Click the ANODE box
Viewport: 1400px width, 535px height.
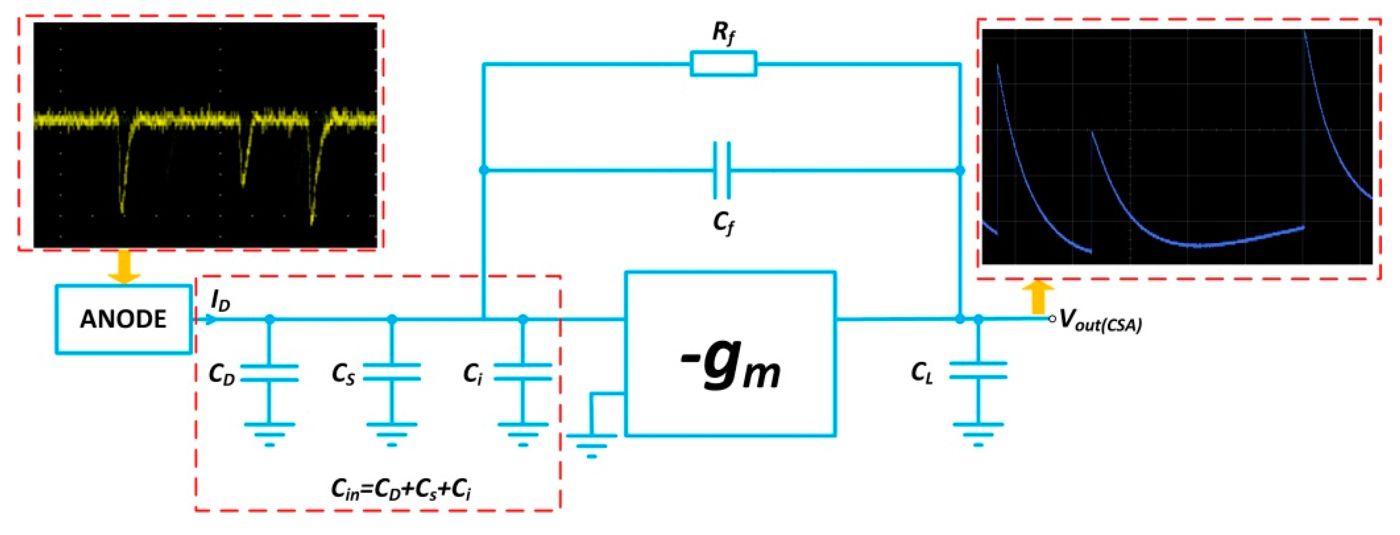click(123, 319)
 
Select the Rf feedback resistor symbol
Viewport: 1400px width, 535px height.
click(723, 63)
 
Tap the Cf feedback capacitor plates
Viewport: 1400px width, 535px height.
click(722, 170)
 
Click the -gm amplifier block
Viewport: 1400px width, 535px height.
click(730, 353)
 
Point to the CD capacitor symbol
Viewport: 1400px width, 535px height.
click(270, 373)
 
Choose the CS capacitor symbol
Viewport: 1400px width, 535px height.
click(392, 372)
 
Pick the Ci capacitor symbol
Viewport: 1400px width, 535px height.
click(523, 372)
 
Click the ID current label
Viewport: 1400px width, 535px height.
click(220, 300)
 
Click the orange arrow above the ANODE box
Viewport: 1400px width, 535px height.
click(124, 267)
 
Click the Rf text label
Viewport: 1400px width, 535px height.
click(723, 32)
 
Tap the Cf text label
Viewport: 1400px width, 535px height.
click(723, 222)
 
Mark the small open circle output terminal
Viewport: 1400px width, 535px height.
click(1052, 319)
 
